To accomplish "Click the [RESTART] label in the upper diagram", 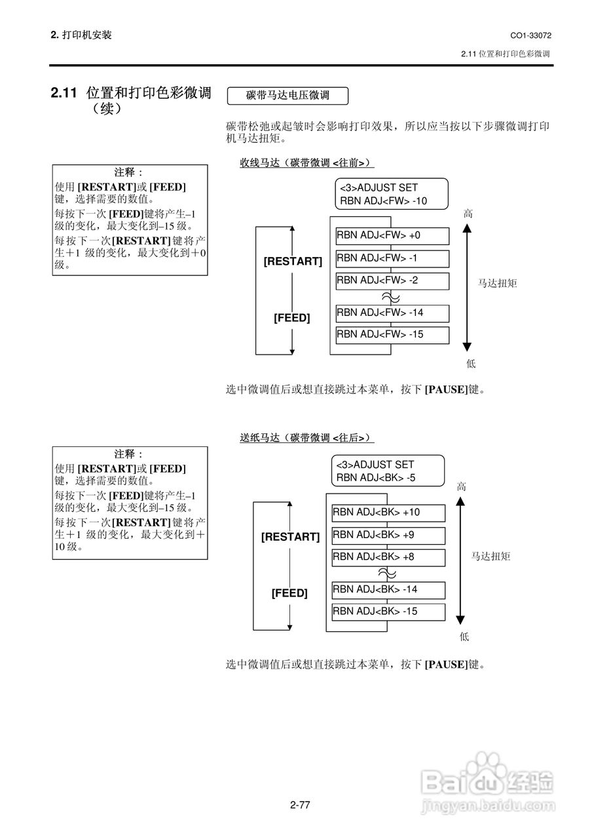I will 293,262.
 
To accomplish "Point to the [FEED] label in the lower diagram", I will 289,594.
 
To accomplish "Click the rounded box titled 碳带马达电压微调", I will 287,96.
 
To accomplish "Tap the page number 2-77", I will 299,805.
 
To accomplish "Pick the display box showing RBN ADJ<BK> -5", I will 388,471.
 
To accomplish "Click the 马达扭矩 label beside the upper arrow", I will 497,283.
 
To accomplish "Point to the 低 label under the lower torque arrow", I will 464,636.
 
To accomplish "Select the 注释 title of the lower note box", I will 129,454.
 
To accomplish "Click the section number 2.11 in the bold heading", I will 65,94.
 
